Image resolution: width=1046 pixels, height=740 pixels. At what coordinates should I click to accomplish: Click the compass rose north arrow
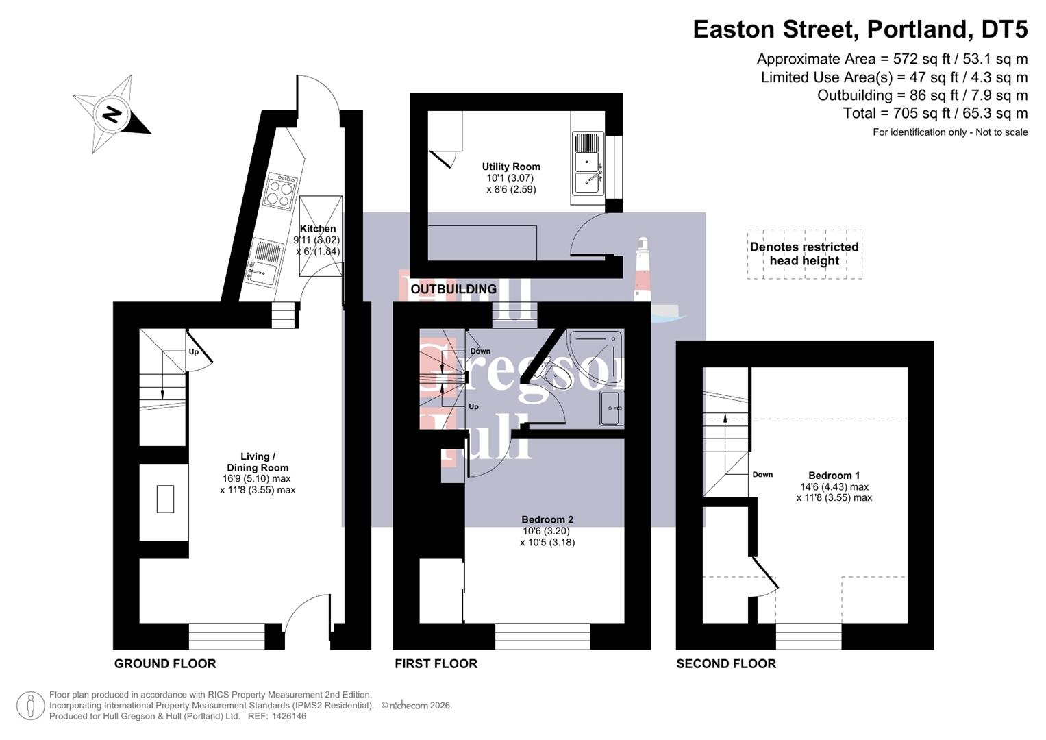pos(112,114)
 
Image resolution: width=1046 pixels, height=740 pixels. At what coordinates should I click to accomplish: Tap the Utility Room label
pos(511,166)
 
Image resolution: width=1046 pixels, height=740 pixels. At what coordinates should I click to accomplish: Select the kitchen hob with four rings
pos(282,191)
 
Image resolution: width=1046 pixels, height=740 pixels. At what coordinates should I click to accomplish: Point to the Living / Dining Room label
pos(258,462)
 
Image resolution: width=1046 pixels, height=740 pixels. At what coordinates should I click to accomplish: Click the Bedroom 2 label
pos(547,519)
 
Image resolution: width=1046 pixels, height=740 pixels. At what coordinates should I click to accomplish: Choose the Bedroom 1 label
pos(834,476)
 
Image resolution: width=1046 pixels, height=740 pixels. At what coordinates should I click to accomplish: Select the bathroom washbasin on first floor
pos(611,408)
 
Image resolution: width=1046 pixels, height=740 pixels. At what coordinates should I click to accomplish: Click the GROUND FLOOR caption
pos(165,663)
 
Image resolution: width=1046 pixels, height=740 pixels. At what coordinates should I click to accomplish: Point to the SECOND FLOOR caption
pos(725,663)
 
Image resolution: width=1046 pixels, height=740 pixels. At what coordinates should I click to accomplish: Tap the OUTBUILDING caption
pos(453,289)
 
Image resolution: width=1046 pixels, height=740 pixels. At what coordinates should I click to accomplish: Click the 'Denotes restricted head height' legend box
pos(804,254)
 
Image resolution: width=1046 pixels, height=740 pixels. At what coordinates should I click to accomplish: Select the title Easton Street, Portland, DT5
pos(860,29)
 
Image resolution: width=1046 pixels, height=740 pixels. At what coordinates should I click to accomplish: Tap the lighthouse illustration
pos(643,271)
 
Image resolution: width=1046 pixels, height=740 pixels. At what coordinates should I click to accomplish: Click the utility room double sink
pos(587,164)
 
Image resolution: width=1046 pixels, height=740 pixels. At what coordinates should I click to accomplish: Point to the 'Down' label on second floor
pos(762,474)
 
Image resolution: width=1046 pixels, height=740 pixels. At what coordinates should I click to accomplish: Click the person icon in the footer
pos(30,706)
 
